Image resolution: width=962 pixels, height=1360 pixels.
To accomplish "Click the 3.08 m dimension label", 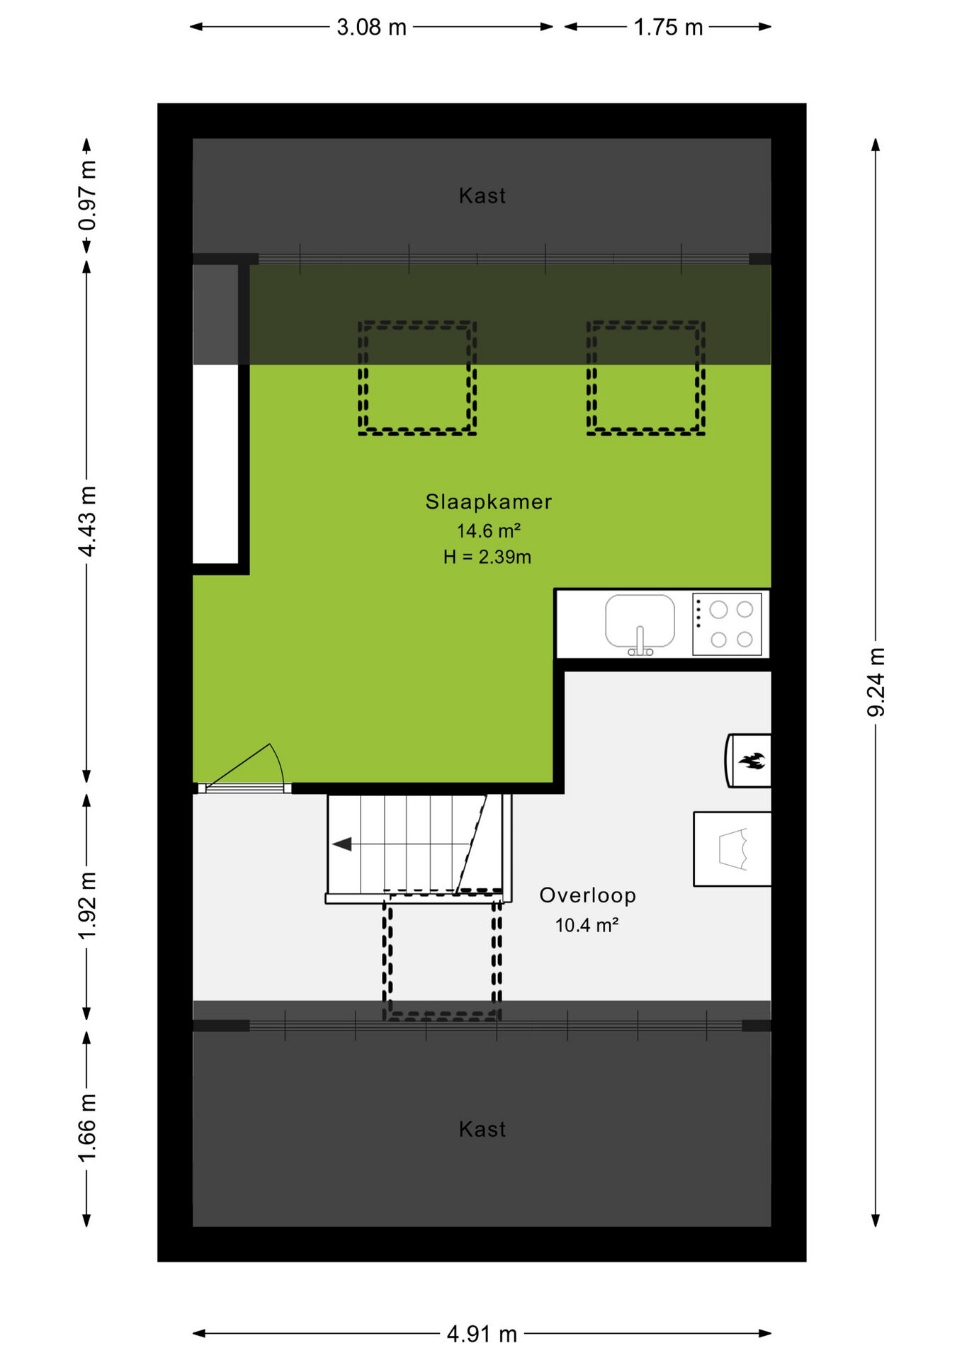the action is (x=371, y=28).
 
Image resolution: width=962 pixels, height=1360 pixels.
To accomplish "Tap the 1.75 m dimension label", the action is (x=668, y=28).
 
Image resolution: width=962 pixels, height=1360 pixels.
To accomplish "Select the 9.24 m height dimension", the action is (x=876, y=681).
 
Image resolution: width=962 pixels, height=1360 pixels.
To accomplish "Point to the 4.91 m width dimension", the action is (x=482, y=1334).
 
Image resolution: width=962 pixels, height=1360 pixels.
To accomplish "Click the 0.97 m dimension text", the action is (x=87, y=195).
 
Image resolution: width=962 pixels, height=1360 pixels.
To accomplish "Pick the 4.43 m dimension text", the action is (x=87, y=521).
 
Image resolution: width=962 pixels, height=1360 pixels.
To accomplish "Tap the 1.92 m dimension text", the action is (x=87, y=906).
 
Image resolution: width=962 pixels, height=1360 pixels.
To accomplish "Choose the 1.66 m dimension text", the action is (x=87, y=1128).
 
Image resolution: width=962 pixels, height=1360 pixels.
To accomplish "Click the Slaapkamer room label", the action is (x=488, y=501).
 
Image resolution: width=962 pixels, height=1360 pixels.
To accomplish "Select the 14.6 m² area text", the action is (x=489, y=531).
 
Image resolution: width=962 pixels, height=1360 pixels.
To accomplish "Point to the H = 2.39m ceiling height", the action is (x=487, y=557).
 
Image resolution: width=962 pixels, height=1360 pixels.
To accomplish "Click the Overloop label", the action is (x=588, y=895).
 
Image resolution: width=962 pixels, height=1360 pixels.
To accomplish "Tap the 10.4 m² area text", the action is (x=587, y=925).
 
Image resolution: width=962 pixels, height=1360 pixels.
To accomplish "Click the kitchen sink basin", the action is (x=640, y=621).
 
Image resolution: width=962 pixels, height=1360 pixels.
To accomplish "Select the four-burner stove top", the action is (x=727, y=624).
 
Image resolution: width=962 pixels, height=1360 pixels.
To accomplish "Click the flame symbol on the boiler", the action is (x=752, y=761).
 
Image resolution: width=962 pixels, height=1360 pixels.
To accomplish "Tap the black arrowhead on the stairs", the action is (x=342, y=844).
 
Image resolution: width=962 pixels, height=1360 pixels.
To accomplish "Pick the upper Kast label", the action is (x=482, y=195).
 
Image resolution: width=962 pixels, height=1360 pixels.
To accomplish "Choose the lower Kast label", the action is (x=482, y=1129).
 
